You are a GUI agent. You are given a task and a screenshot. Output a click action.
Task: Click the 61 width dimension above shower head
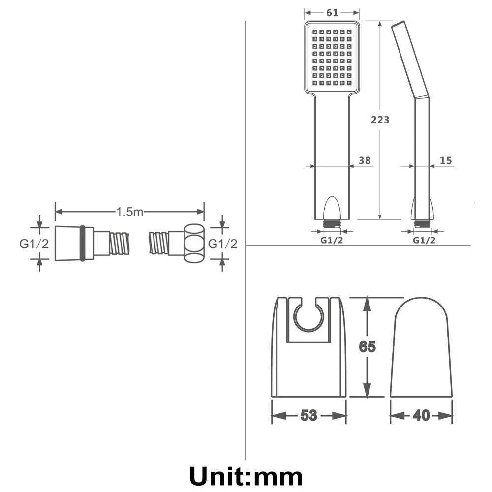click(332, 13)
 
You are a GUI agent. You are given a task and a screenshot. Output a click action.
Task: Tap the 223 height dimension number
click(379, 120)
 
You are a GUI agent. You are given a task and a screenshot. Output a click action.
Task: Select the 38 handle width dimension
click(365, 160)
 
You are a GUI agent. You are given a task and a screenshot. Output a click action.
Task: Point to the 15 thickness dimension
click(446, 160)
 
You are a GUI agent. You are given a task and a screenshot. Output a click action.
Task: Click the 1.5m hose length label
click(129, 212)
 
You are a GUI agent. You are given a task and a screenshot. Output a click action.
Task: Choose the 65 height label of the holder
click(367, 347)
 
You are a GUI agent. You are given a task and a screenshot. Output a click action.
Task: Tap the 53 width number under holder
click(308, 415)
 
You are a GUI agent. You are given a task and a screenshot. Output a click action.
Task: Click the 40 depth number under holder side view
click(421, 415)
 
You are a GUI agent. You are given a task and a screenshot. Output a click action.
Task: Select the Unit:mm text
click(246, 476)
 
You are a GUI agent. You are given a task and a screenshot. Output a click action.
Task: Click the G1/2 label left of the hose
click(34, 244)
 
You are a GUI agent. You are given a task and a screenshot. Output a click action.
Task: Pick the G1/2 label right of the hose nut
click(223, 244)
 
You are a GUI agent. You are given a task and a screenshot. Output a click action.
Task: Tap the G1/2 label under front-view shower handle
click(333, 240)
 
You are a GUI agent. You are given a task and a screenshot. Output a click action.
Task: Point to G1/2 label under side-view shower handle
click(424, 240)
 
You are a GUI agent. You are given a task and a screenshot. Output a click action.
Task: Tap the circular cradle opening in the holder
click(308, 318)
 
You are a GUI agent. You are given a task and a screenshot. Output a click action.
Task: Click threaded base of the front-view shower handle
click(332, 223)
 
